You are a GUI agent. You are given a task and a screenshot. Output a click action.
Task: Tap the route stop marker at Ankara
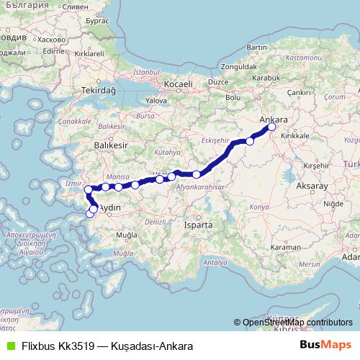pyautogui.click(x=272, y=127)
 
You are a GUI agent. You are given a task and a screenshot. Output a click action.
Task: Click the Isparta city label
pyautogui.click(x=199, y=225)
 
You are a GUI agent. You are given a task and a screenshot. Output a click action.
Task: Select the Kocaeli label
pyautogui.click(x=180, y=85)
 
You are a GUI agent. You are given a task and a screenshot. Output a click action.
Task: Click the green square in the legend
pyautogui.click(x=9, y=346)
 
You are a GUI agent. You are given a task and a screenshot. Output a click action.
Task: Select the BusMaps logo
pyautogui.click(x=325, y=346)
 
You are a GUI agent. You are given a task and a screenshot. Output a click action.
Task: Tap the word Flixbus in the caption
pyautogui.click(x=37, y=346)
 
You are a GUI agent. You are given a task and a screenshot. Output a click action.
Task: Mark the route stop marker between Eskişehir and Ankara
pyautogui.click(x=250, y=141)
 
